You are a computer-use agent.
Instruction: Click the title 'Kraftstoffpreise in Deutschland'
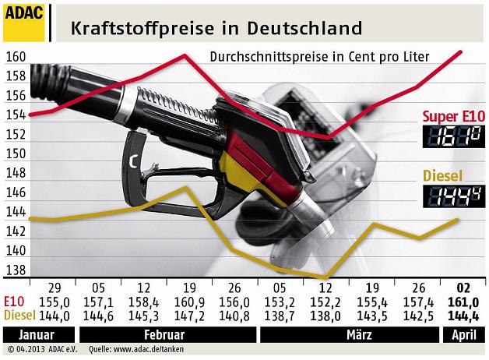216,28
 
